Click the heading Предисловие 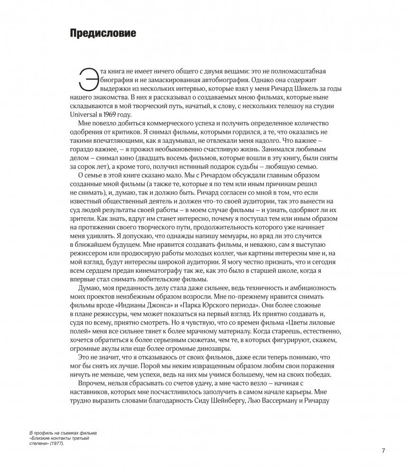[x=103, y=34]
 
